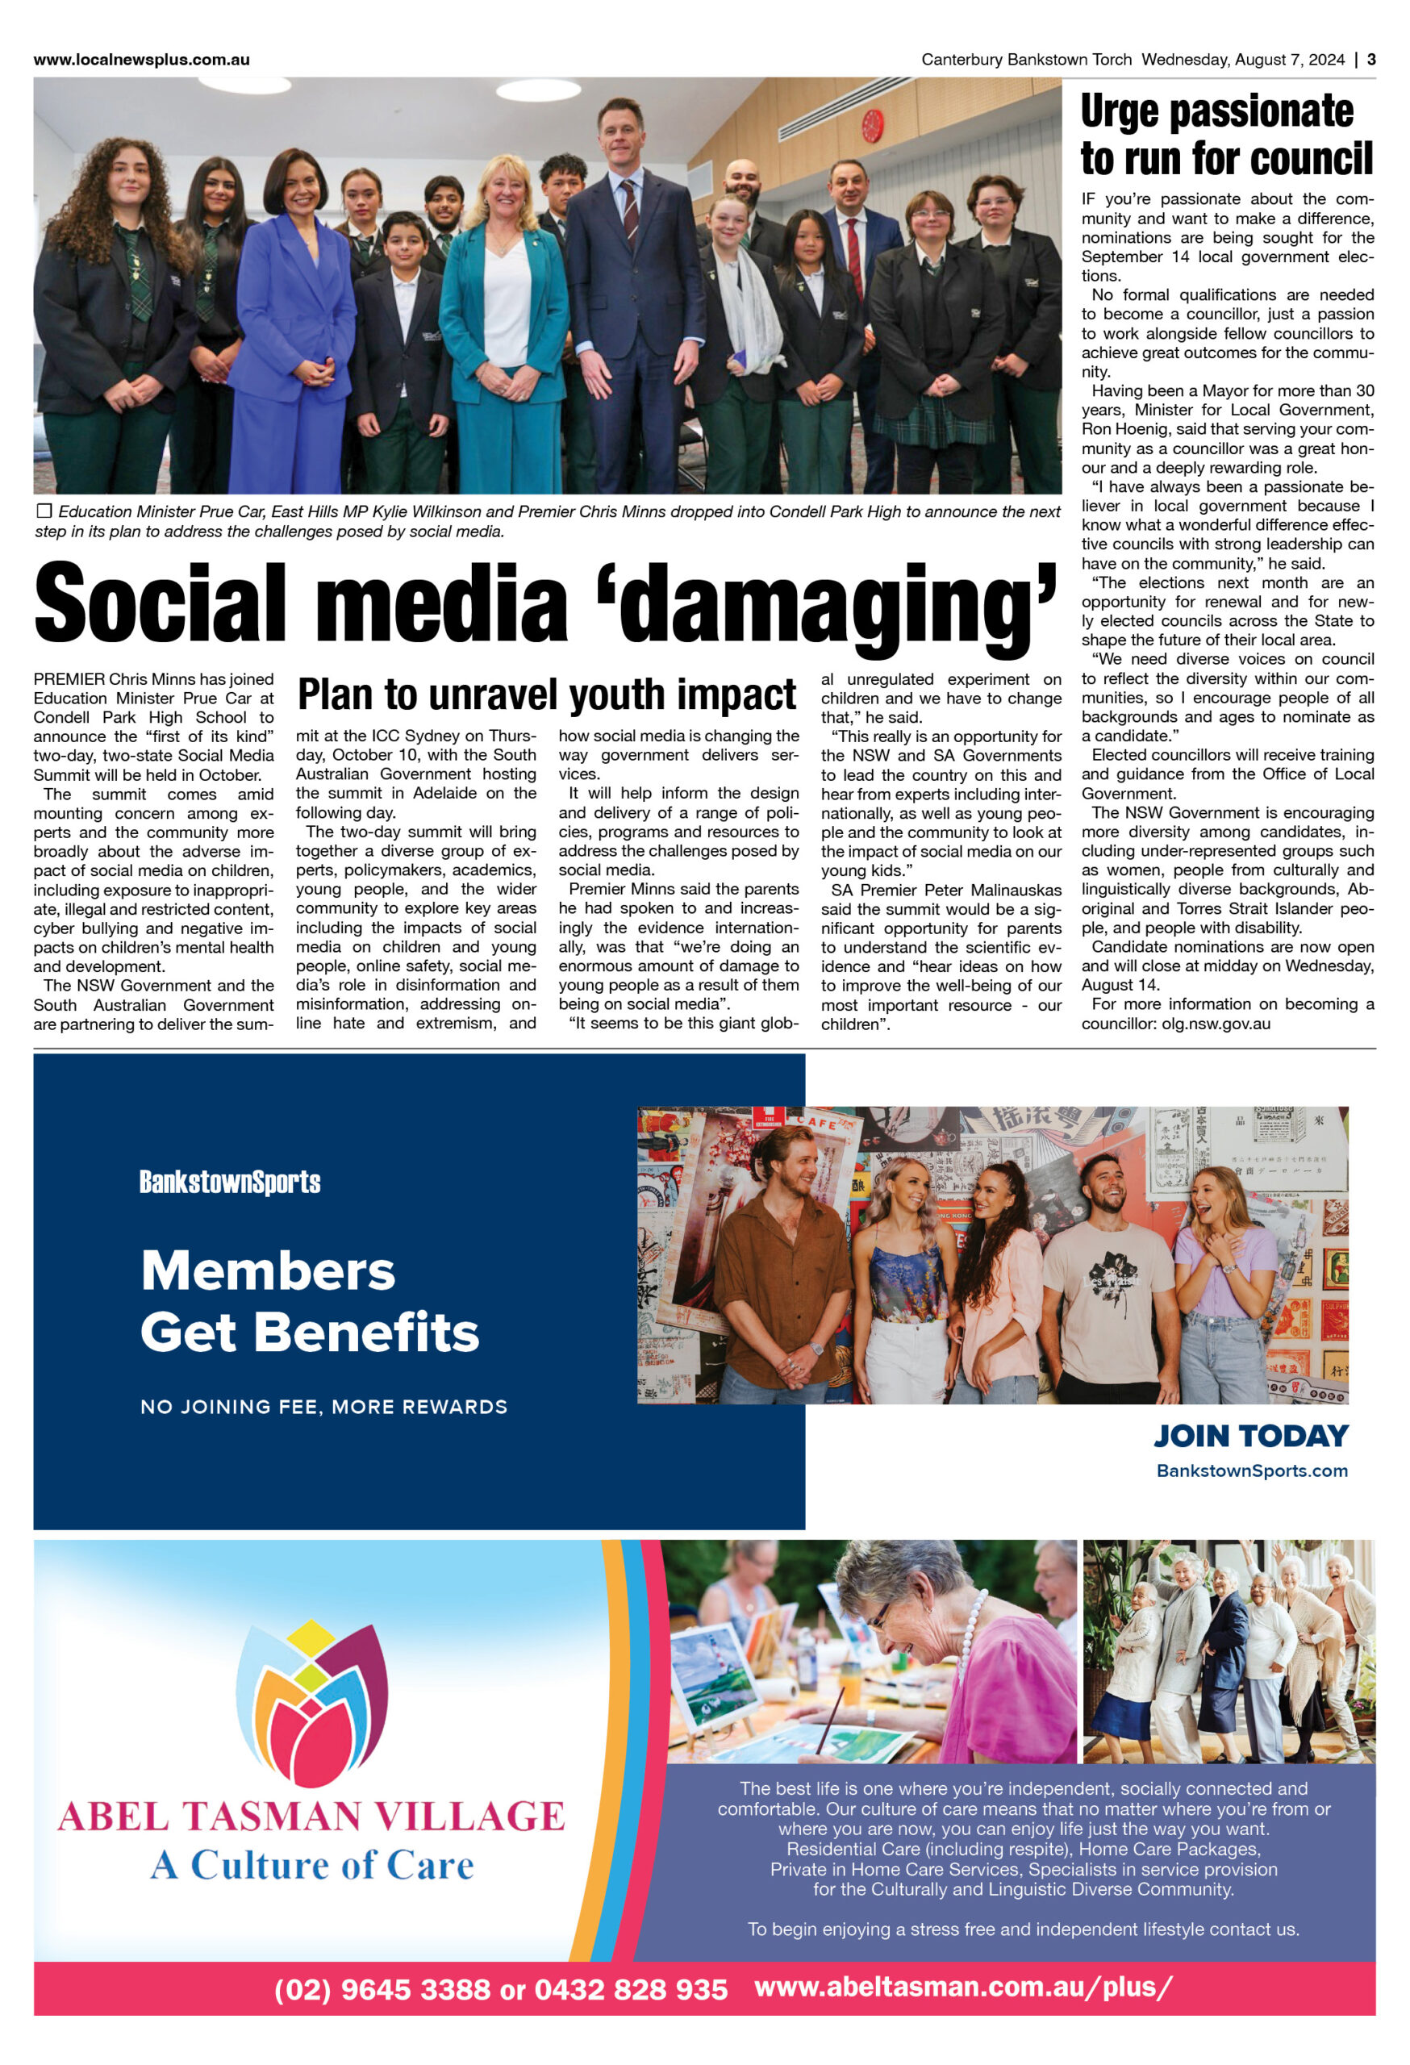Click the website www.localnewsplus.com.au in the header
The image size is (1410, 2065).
tap(141, 60)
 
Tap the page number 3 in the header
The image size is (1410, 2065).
tap(1371, 60)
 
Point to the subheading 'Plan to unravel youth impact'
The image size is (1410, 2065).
tap(546, 695)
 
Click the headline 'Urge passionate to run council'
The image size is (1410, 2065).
tap(1226, 135)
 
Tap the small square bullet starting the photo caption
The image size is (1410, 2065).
tap(44, 511)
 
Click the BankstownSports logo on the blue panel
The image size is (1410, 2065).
tap(229, 1182)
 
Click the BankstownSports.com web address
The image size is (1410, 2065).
tap(1251, 1471)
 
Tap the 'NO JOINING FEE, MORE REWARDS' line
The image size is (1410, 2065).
tap(323, 1407)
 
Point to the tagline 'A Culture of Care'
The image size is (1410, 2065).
tap(312, 1864)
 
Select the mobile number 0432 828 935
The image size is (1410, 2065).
tap(631, 1988)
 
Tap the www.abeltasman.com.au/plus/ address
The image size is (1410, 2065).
tap(963, 1987)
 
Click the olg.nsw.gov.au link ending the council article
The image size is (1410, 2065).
tap(1216, 1024)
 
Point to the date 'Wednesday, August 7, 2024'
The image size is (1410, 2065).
tap(1242, 60)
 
